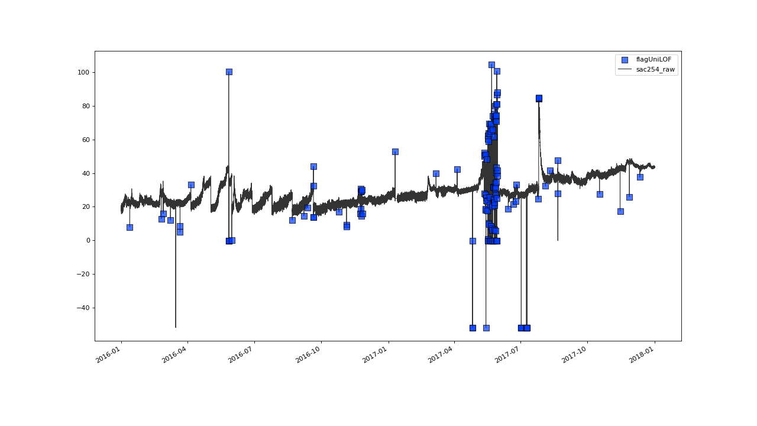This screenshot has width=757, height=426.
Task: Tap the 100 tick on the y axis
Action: point(82,72)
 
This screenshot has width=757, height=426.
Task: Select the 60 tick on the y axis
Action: point(84,140)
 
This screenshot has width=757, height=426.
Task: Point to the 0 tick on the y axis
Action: point(86,241)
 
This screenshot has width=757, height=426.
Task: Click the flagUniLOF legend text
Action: point(654,59)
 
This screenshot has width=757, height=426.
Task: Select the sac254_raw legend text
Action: point(655,69)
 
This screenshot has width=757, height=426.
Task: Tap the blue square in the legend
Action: point(625,59)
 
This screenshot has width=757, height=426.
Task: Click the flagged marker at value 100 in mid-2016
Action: point(229,72)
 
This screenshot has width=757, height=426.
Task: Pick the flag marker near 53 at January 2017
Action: point(395,151)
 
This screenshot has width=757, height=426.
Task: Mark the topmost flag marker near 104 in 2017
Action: point(491,64)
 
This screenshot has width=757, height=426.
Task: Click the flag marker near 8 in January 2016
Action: point(130,227)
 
